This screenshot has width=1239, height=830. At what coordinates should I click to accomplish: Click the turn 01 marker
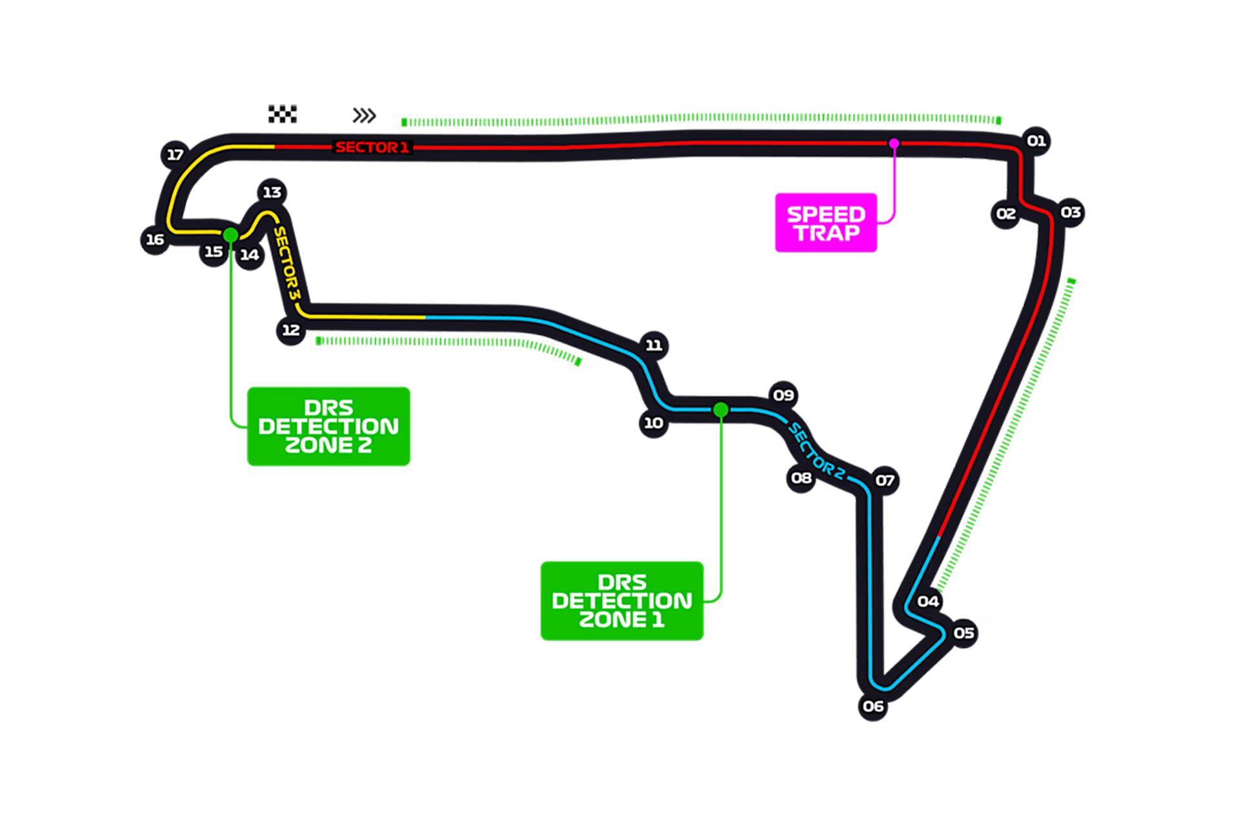tap(1036, 141)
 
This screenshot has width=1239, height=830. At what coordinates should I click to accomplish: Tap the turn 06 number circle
tap(872, 706)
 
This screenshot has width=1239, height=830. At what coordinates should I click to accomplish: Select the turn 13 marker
tap(272, 192)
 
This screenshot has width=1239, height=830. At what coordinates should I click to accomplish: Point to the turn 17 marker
tap(175, 155)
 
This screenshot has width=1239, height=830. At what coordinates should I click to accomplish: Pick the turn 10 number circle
tap(653, 423)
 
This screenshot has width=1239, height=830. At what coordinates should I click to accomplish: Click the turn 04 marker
tap(928, 602)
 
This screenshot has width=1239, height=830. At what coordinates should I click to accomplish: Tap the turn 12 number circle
tap(290, 330)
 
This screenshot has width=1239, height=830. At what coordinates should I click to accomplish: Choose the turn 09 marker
tap(783, 395)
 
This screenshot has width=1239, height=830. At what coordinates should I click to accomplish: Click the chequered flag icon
tap(283, 114)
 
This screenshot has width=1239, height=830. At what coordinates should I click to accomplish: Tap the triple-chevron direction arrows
tap(364, 116)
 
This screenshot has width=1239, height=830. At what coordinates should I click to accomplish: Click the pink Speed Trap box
tap(825, 223)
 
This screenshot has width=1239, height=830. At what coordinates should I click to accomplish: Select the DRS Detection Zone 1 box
tap(621, 601)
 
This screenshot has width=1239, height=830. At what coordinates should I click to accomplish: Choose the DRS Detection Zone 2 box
tap(328, 426)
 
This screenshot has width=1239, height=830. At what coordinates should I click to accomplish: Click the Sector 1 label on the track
tap(372, 147)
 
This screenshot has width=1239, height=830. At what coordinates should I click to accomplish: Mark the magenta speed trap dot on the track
tap(894, 143)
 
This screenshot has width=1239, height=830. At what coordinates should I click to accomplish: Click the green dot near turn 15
tap(230, 235)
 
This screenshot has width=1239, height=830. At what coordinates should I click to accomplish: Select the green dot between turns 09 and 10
tap(721, 410)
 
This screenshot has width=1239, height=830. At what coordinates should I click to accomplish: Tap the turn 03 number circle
tap(1070, 212)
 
